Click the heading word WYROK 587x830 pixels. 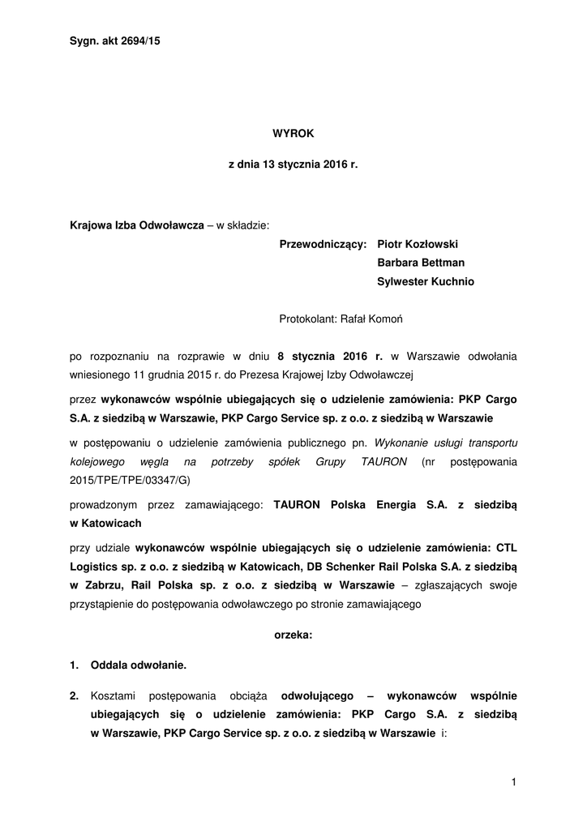[x=293, y=131]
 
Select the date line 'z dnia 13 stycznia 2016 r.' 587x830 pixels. [x=293, y=165]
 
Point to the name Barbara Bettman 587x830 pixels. [x=421, y=263]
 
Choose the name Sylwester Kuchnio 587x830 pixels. [x=426, y=282]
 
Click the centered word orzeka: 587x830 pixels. [x=293, y=636]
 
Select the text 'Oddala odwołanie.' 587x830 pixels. [x=139, y=665]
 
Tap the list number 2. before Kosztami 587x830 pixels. [x=75, y=695]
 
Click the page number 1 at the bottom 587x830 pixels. [x=514, y=781]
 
